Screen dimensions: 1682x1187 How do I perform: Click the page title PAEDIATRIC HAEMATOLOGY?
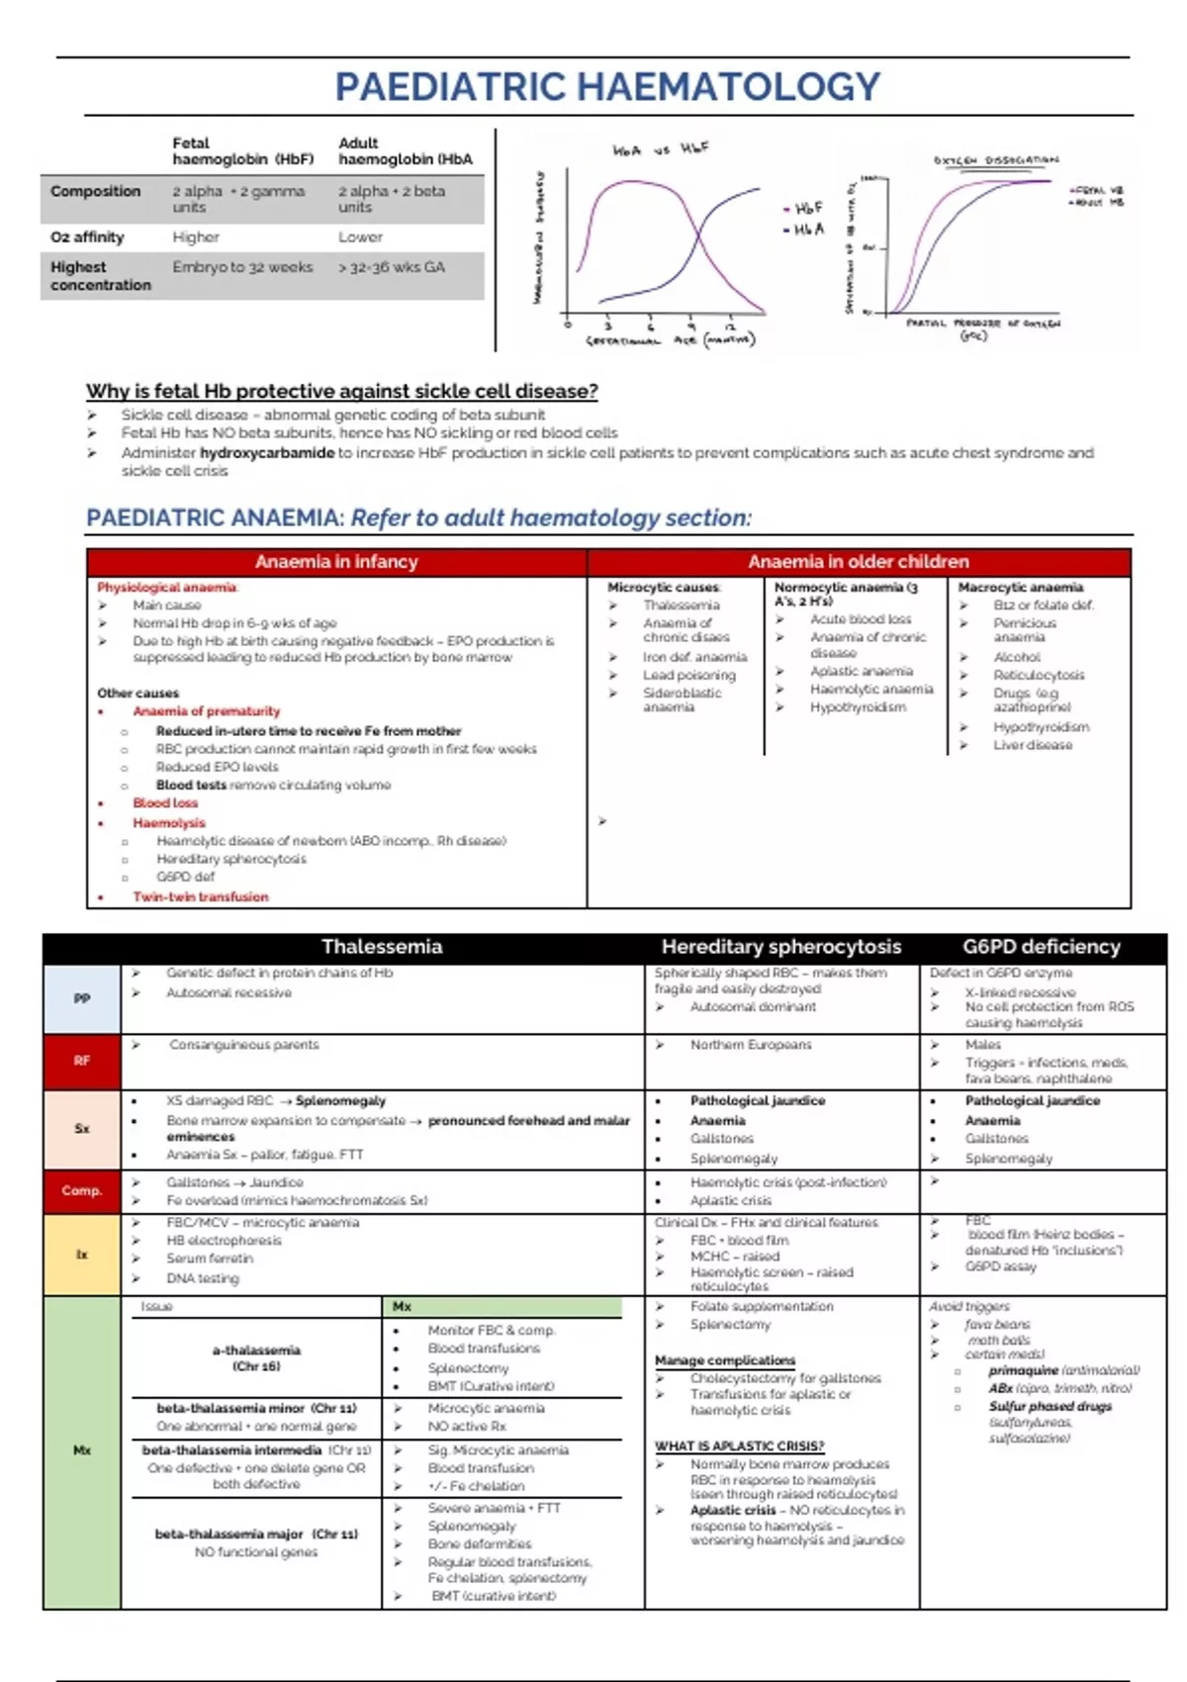[x=606, y=87]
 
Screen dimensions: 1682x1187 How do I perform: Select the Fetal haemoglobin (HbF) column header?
[x=242, y=151]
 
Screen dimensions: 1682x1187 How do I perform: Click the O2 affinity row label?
[x=87, y=237]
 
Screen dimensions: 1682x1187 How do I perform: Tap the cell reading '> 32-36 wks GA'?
[x=392, y=267]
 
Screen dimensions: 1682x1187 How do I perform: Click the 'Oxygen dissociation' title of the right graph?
[x=995, y=160]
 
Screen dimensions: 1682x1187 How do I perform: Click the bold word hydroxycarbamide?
[x=267, y=453]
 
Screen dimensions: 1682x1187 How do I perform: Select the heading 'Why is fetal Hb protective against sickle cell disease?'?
[x=341, y=391]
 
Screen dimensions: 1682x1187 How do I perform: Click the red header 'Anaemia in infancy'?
[x=336, y=562]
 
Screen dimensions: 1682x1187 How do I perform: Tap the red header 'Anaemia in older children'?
[x=858, y=562]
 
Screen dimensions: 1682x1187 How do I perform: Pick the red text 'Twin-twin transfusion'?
[x=201, y=897]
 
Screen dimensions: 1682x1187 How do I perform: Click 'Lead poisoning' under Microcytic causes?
[x=688, y=675]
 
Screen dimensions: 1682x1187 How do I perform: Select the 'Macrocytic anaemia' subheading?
[x=1020, y=588]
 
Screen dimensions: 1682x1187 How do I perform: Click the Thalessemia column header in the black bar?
[x=382, y=947]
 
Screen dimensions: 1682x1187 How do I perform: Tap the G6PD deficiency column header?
[x=1042, y=947]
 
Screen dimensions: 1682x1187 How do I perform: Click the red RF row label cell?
[x=82, y=1061]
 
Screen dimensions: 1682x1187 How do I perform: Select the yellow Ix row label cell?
[x=82, y=1254]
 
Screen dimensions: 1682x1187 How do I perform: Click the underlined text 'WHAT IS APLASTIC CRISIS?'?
[x=739, y=1446]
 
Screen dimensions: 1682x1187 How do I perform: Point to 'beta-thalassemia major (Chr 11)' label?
[x=256, y=1534]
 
